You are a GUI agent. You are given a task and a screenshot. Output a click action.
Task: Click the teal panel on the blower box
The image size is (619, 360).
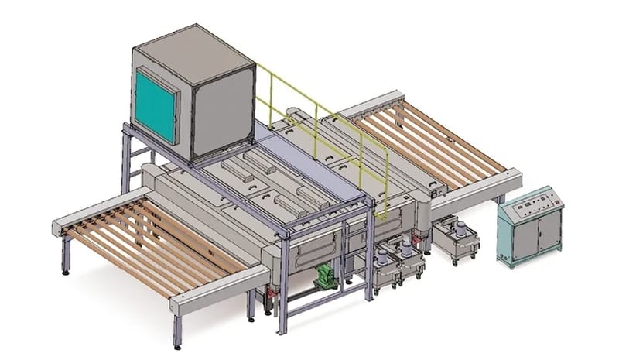point(156,105)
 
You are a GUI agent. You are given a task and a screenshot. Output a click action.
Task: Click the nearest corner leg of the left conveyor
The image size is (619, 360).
point(177,330)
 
